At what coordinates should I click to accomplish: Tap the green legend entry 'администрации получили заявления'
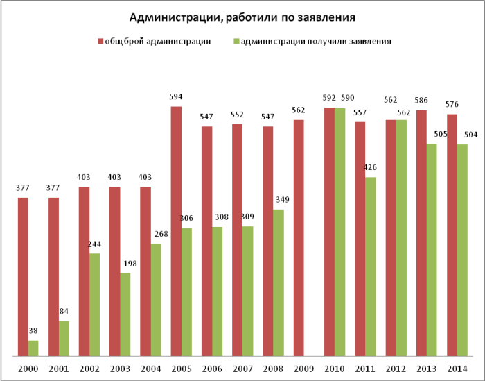click(312, 41)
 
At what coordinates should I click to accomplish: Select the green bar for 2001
click(64, 339)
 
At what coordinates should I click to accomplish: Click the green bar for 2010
click(339, 232)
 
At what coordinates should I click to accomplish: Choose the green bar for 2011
click(370, 266)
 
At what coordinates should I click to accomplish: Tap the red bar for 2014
click(451, 235)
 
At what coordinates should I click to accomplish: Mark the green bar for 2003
click(125, 314)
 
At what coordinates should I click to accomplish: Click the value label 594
click(176, 97)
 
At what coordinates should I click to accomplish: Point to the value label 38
click(33, 331)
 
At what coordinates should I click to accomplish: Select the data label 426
click(370, 167)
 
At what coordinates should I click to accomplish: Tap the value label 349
click(279, 200)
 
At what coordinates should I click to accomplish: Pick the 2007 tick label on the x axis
click(237, 369)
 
